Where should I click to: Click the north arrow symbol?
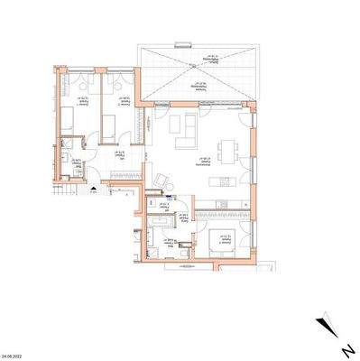(x=327, y=327)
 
